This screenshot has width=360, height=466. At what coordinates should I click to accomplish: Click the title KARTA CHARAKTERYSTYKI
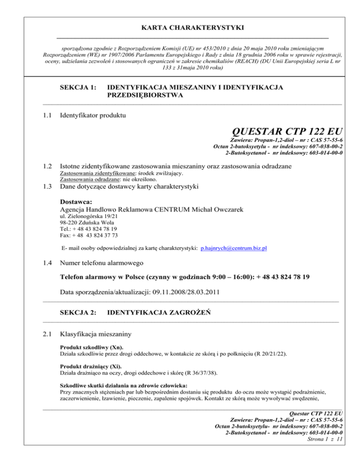point(180,28)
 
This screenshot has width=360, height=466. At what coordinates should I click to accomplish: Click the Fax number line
point(89,235)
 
